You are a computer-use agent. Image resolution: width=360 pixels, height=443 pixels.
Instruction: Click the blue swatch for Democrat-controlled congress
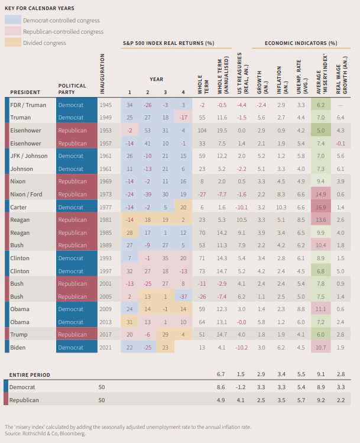[x=13, y=21]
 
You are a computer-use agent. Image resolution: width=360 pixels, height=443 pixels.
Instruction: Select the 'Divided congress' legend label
[x=44, y=43]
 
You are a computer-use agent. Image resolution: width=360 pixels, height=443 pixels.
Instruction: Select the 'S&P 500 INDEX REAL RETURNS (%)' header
[x=168, y=44]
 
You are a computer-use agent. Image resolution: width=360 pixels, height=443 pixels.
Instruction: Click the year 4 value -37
[x=184, y=296]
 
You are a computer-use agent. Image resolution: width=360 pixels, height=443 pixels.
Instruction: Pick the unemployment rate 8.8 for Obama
[x=300, y=309]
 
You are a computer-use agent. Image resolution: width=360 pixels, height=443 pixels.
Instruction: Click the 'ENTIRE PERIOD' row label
[x=30, y=374]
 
